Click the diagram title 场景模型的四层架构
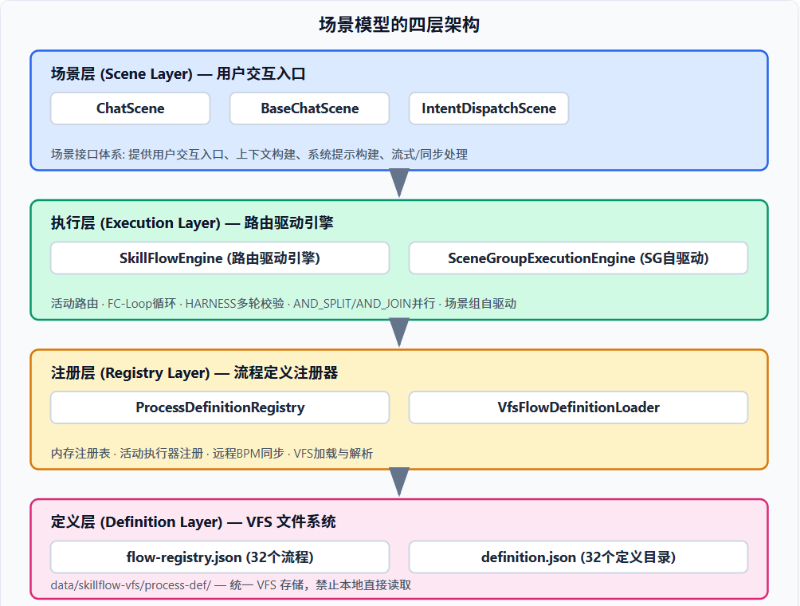coord(399,25)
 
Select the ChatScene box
coord(130,108)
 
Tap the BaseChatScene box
coord(310,108)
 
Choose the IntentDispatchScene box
coord(488,108)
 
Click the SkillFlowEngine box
coord(220,258)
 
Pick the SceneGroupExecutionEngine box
coord(578,258)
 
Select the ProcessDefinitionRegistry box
coord(220,407)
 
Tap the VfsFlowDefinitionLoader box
coord(578,407)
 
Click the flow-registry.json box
coord(220,557)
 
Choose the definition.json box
coord(578,557)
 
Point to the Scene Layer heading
coord(178,73)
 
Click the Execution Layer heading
coord(192,223)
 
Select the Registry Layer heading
coord(194,372)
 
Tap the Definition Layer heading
coord(194,521)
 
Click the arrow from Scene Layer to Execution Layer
coord(399,183)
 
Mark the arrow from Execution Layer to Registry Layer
coord(399,333)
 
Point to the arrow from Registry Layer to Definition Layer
coord(399,482)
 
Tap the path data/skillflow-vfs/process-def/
coord(131,585)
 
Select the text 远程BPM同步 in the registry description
coord(248,454)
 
